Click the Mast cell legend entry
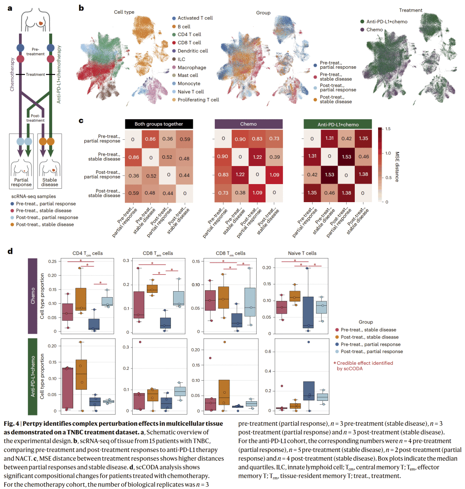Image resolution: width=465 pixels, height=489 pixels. pyautogui.click(x=188, y=75)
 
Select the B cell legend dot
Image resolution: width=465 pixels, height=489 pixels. pyautogui.click(x=174, y=26)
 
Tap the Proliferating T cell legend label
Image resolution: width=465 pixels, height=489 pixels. pyautogui.click(x=198, y=100)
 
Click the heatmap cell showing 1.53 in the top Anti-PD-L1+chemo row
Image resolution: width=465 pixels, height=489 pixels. pyautogui.click(x=347, y=157)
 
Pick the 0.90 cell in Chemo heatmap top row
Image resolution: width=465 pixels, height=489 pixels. pyautogui.click(x=240, y=139)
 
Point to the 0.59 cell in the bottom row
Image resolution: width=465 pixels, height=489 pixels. pyautogui.click(x=133, y=193)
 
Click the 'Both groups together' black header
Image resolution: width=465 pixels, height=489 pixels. pyautogui.click(x=159, y=124)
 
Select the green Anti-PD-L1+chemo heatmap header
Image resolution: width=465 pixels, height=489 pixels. pyautogui.click(x=338, y=124)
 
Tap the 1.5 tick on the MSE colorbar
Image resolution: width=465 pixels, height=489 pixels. pyautogui.click(x=388, y=129)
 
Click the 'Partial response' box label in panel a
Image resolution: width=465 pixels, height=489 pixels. pyautogui.click(x=22, y=182)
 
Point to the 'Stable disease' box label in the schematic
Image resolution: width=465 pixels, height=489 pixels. pyautogui.click(x=50, y=182)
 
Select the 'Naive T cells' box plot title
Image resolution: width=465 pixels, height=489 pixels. pyautogui.click(x=302, y=253)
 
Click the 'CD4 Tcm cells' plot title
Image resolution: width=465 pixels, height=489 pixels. pyautogui.click(x=87, y=253)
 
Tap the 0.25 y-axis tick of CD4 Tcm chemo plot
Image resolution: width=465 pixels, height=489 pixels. pyautogui.click(x=53, y=261)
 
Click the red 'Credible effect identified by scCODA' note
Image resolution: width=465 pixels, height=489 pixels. pyautogui.click(x=364, y=366)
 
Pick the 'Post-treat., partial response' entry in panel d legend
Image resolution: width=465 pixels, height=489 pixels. pyautogui.click(x=372, y=351)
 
